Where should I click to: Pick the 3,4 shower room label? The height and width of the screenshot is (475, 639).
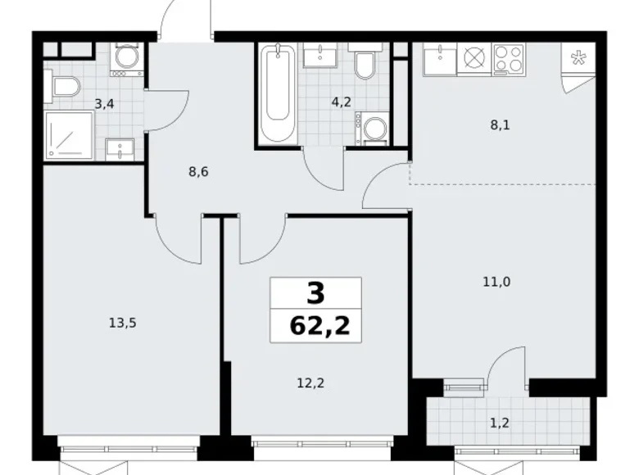click(104, 103)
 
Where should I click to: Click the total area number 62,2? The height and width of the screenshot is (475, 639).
click(316, 328)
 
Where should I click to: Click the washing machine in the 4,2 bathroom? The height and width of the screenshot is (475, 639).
click(373, 128)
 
